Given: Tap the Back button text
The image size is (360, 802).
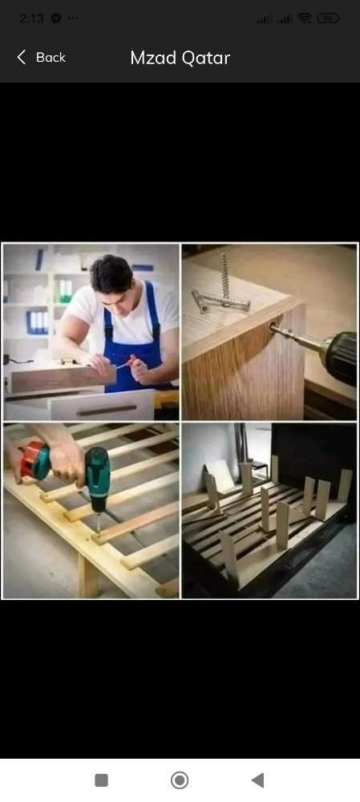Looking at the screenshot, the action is tap(51, 57).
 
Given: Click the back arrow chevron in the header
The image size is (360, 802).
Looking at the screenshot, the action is tap(21, 57).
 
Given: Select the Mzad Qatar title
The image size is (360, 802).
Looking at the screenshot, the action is tap(180, 58).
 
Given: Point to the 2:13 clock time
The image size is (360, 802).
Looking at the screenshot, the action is tap(32, 18).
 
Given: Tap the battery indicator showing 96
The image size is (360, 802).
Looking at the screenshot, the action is tap(328, 18).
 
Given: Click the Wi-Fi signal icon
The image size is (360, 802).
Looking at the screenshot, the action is tap(305, 18).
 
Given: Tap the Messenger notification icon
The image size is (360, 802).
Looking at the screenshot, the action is tap(56, 18).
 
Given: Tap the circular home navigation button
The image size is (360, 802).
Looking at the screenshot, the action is tap(180, 780).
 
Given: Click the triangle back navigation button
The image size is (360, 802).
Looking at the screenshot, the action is tap(257, 780).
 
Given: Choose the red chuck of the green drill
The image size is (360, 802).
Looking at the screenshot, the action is tap(34, 460).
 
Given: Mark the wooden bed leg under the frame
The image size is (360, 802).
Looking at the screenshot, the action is tap(88, 575).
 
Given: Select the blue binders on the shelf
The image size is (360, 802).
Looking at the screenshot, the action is tap(38, 322).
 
